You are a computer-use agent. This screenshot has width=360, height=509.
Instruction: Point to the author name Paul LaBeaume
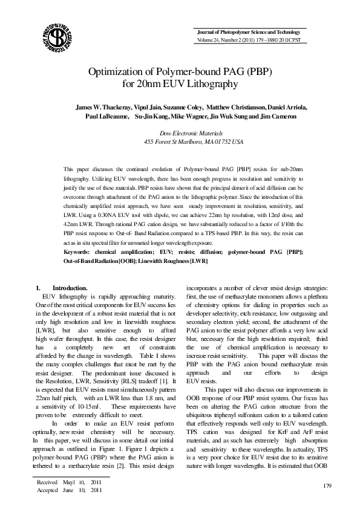click(x=103, y=115)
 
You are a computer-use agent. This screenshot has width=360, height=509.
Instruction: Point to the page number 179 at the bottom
click(x=329, y=486)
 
